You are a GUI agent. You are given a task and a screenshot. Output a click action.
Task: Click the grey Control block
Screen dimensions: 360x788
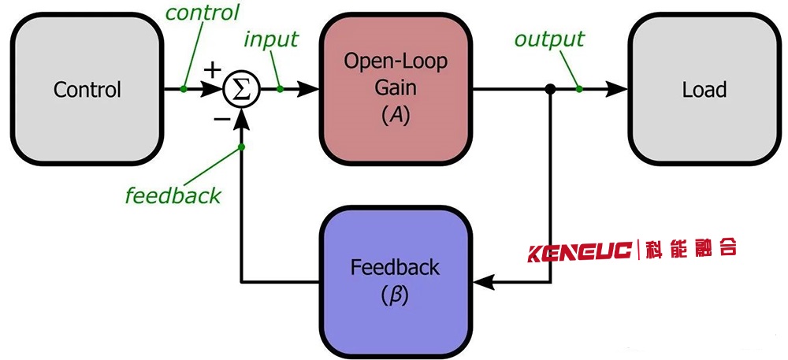pyautogui.click(x=87, y=89)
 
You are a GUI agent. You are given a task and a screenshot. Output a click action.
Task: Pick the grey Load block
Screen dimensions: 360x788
pyautogui.click(x=704, y=89)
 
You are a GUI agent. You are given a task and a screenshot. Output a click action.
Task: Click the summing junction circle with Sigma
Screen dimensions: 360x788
pyautogui.click(x=240, y=90)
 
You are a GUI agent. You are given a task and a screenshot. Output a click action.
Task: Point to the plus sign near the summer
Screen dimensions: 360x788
pyautogui.click(x=211, y=70)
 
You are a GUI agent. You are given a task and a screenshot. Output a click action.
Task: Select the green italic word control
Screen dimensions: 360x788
pyautogui.click(x=203, y=12)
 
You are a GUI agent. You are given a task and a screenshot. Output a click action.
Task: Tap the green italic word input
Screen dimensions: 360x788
pyautogui.click(x=272, y=39)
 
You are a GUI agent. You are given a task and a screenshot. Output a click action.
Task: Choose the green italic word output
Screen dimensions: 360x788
pyautogui.click(x=549, y=39)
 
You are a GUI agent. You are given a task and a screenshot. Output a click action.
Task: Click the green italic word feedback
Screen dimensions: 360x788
pyautogui.click(x=173, y=195)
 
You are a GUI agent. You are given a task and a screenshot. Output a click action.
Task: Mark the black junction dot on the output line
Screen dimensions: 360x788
pyautogui.click(x=551, y=90)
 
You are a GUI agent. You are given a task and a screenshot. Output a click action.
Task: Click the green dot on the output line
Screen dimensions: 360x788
pyautogui.click(x=579, y=89)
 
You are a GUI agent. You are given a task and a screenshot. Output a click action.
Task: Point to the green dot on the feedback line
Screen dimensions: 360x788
pyautogui.click(x=241, y=147)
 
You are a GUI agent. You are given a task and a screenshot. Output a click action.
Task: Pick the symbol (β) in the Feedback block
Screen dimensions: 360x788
pyautogui.click(x=394, y=296)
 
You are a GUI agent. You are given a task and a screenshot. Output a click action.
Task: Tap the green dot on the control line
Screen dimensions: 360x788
pyautogui.click(x=183, y=89)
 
